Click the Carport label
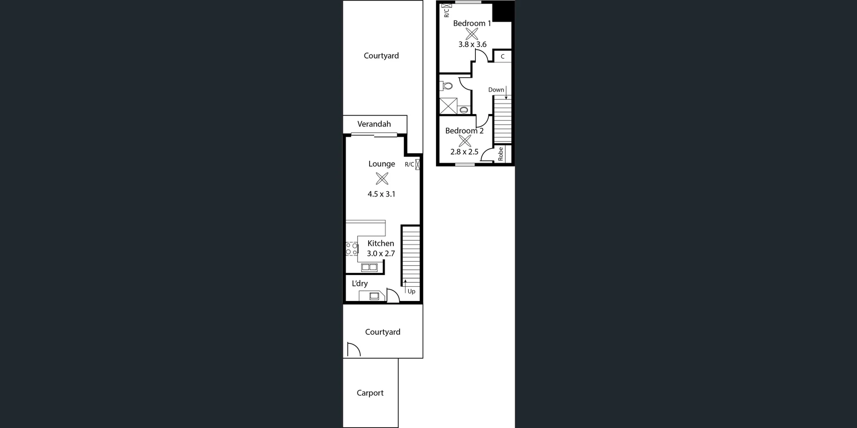(x=370, y=393)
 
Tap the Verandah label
(x=374, y=124)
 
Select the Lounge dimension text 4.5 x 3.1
(x=381, y=194)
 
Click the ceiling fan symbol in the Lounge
(x=382, y=179)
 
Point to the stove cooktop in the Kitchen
(x=352, y=249)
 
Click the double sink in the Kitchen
(x=370, y=267)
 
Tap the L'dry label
(x=360, y=284)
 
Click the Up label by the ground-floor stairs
(x=412, y=292)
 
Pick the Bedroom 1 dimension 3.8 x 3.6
(x=472, y=44)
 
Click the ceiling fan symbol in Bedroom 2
(x=465, y=141)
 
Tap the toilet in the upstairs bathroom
(x=447, y=86)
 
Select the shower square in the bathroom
(x=448, y=106)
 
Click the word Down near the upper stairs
(x=496, y=90)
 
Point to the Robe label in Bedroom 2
(x=501, y=154)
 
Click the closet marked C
(x=503, y=57)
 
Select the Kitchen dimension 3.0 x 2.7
(x=381, y=254)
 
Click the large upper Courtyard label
(x=381, y=56)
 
